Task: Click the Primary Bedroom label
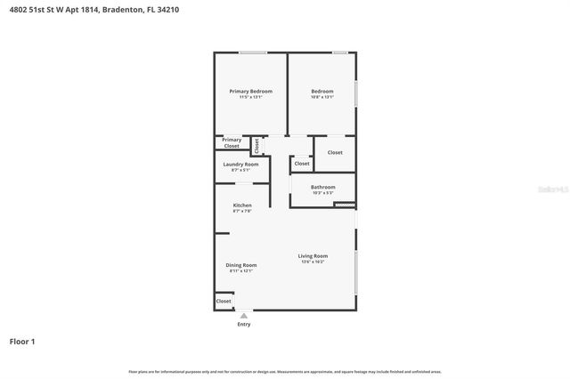(250, 92)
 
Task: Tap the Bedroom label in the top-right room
(322, 92)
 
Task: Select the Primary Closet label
(232, 142)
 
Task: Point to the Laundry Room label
(240, 165)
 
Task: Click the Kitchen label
(242, 206)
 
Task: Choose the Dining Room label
(241, 265)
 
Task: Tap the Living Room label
(313, 256)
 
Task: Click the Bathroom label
(322, 187)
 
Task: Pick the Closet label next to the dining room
(224, 302)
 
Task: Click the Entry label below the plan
(244, 324)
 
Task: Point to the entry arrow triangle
(244, 315)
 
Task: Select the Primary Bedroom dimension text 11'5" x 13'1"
(250, 97)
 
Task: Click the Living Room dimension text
(313, 262)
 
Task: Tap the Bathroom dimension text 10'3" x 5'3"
(322, 192)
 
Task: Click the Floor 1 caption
(22, 342)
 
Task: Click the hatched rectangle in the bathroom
(345, 205)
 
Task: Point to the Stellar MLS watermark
(551, 189)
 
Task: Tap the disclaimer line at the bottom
(285, 372)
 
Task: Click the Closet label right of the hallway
(335, 153)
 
